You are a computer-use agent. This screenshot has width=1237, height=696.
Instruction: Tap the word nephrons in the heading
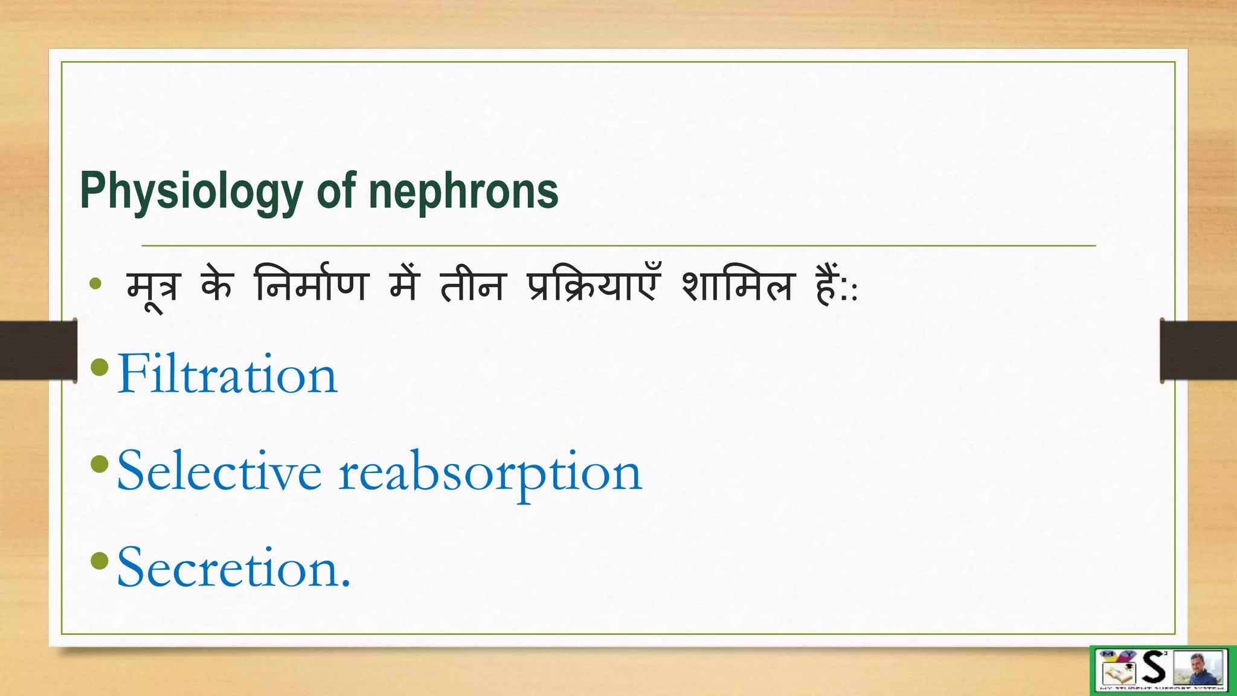click(463, 192)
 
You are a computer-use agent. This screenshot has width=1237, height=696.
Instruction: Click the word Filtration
click(227, 375)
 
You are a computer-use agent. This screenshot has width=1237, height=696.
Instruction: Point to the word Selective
click(219, 471)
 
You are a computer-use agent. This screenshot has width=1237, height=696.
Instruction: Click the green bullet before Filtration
click(99, 367)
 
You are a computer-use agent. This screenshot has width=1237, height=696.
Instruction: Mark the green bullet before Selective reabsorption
click(99, 464)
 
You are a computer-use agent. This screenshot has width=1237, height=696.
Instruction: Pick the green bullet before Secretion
click(99, 561)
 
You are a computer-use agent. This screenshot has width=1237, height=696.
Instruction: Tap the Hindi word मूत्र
click(153, 288)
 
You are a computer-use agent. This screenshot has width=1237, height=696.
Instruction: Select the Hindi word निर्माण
click(310, 285)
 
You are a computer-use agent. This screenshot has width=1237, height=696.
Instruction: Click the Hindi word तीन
click(472, 285)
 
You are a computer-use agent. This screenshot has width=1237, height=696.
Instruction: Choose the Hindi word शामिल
click(737, 285)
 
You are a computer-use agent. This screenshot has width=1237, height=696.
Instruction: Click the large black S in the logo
click(1154, 668)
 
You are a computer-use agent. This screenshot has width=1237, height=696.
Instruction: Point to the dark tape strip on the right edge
click(1198, 350)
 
